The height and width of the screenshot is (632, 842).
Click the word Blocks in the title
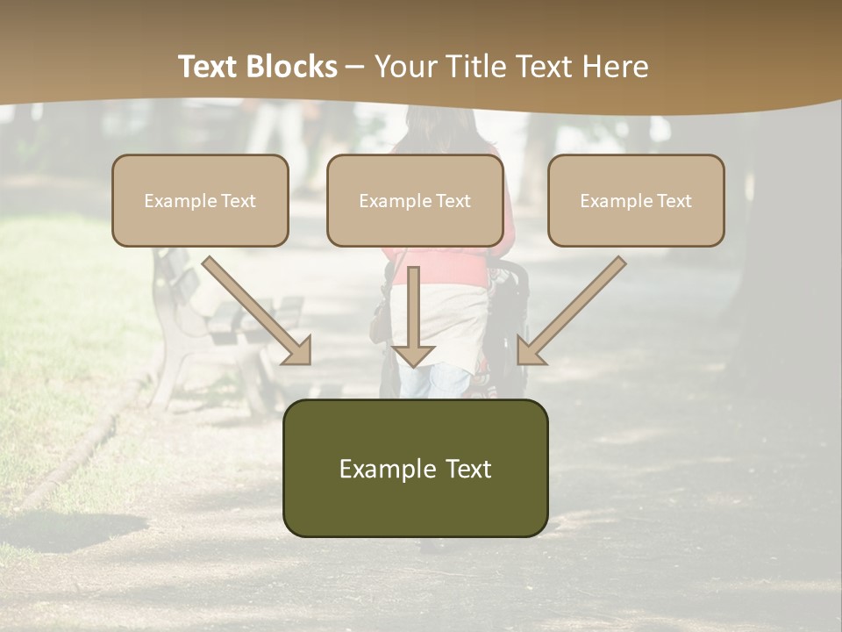tap(291, 67)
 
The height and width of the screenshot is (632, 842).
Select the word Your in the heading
tap(407, 67)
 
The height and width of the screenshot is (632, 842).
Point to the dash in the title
tap(355, 68)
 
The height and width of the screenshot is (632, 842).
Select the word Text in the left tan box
tap(238, 201)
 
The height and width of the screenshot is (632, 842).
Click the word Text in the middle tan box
tap(453, 201)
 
